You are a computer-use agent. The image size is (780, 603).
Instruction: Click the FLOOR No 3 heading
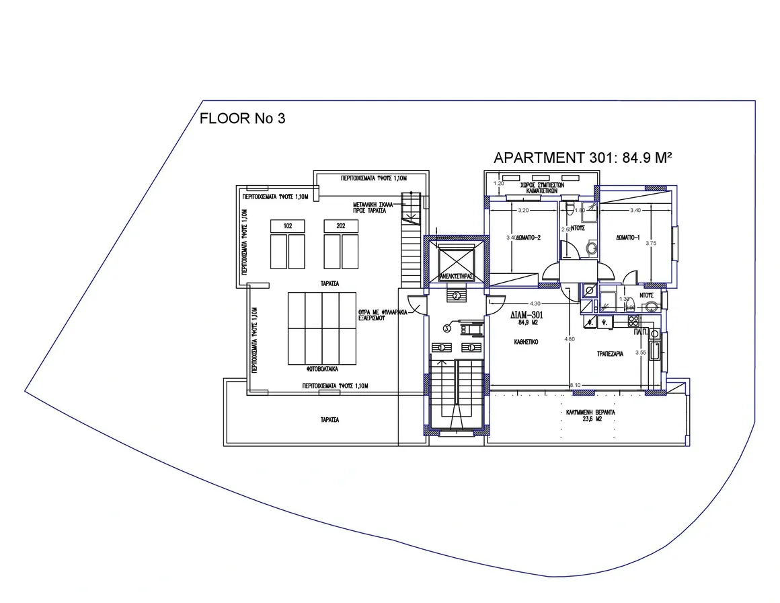pos(243,119)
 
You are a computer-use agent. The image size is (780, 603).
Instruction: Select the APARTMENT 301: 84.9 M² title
pos(583,158)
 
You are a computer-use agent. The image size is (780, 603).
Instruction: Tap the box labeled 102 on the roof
pos(288,226)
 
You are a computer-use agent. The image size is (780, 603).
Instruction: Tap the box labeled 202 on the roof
pos(340,226)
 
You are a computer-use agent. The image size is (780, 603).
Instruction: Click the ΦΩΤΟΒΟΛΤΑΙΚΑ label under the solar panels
pos(323,370)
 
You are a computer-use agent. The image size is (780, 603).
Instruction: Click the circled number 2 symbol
pos(456,295)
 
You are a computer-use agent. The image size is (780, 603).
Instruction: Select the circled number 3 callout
pos(446,328)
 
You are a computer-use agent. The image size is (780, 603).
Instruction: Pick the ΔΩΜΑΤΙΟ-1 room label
pos(628,238)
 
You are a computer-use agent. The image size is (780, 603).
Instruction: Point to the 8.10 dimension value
pos(575,385)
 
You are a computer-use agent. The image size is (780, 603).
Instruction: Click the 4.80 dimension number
pos(569,339)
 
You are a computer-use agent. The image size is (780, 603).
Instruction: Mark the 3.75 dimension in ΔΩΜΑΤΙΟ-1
pos(650,244)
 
